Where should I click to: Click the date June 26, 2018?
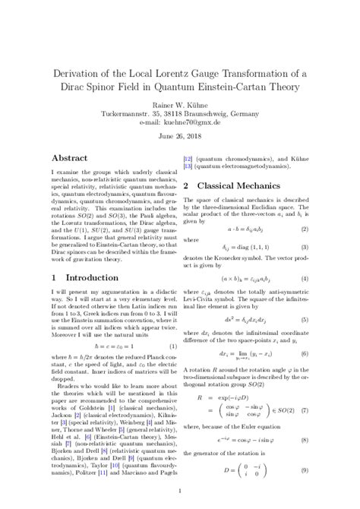(180, 138)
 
